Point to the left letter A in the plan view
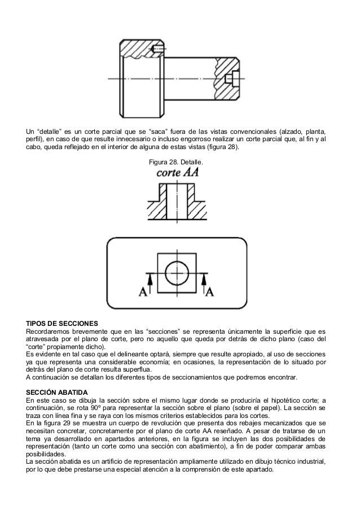tap(142, 291)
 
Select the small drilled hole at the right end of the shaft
tap(231, 76)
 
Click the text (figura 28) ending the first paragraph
tap(221, 148)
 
